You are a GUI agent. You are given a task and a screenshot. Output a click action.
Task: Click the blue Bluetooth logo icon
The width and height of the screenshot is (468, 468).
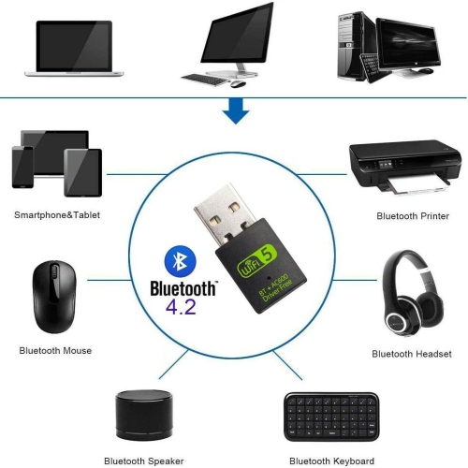[172, 261]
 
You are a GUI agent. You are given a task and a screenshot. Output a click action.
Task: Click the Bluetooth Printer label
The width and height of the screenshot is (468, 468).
[412, 215]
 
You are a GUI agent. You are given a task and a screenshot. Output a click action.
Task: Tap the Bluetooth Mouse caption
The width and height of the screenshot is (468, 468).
[55, 350]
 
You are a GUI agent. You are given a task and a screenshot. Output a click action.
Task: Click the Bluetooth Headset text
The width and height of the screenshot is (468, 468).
[412, 354]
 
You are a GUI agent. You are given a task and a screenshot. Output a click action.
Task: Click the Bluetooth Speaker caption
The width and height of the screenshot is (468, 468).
[144, 461]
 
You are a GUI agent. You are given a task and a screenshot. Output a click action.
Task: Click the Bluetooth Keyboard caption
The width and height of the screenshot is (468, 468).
[329, 461]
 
